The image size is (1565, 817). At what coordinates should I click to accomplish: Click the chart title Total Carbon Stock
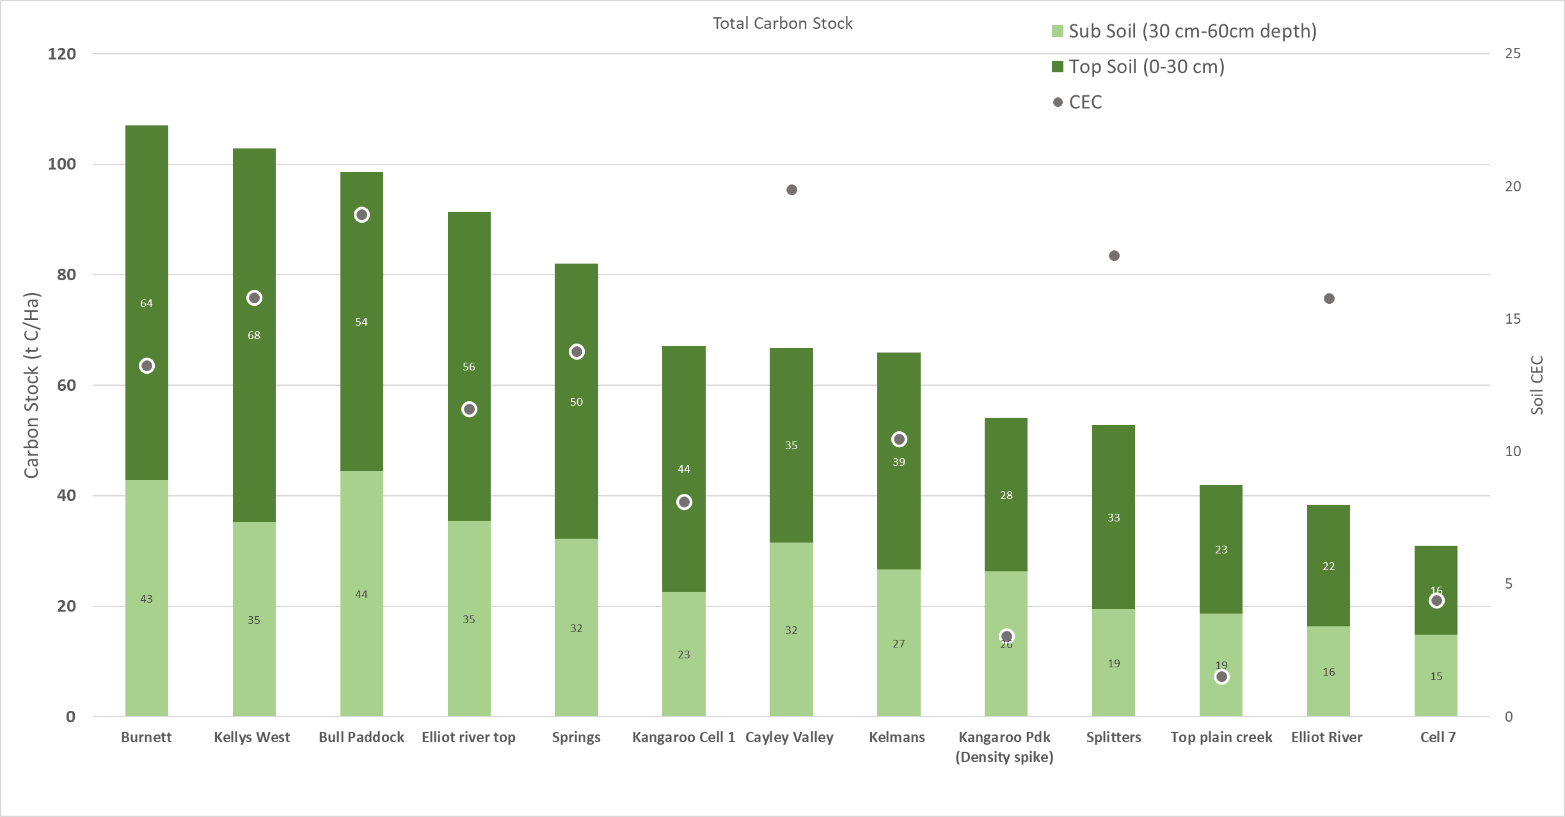782,24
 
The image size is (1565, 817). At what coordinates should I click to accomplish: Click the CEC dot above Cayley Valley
791,190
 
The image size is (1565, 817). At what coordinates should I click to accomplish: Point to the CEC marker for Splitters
1114,256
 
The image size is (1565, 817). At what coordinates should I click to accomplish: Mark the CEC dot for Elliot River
1329,299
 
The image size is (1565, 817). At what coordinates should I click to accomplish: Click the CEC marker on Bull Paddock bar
361,215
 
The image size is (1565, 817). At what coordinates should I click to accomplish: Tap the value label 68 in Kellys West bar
254,335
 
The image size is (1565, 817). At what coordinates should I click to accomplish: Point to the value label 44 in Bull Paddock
361,594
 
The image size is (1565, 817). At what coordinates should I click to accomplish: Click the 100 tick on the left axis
62,164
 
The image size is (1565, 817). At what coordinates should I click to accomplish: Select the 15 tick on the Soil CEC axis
1513,319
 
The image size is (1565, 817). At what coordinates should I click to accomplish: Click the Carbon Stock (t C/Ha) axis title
32,385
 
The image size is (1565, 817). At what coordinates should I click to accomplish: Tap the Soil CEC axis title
1537,385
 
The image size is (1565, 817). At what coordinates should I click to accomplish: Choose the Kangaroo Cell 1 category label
683,737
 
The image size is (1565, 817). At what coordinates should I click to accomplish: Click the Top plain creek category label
1221,737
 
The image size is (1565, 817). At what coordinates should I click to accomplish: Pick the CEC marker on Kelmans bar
899,440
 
